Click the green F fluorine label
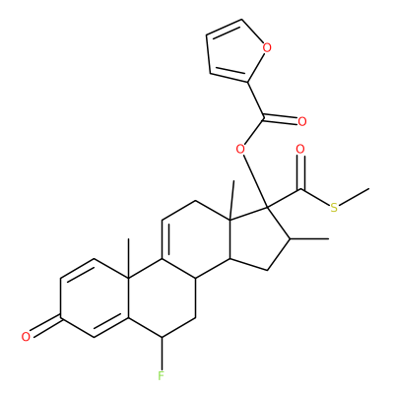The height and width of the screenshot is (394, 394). (x=161, y=375)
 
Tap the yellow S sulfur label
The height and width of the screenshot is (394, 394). (x=334, y=208)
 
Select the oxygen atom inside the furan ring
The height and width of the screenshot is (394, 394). (x=267, y=48)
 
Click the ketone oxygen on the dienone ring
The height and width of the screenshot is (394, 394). (x=26, y=337)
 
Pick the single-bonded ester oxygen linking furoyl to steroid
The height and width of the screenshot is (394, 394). (x=240, y=150)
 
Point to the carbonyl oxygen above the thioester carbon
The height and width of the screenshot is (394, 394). (x=300, y=150)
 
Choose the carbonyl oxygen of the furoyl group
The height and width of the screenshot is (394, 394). (x=302, y=121)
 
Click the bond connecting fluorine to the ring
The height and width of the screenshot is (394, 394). (x=162, y=354)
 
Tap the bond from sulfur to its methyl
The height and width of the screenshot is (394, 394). (x=354, y=197)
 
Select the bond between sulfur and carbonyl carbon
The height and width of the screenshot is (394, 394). (x=315, y=198)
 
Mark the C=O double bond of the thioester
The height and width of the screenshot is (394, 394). (x=300, y=171)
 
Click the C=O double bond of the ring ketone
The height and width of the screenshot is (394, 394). (x=45, y=326)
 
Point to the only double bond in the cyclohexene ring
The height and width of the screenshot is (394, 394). (x=165, y=238)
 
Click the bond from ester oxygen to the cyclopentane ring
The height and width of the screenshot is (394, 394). (x=255, y=181)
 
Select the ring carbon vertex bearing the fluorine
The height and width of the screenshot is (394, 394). (x=162, y=337)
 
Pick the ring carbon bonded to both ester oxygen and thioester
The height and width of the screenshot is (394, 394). (x=267, y=208)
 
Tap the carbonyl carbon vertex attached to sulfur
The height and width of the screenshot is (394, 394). (x=300, y=189)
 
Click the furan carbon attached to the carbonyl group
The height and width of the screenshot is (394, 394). (x=248, y=81)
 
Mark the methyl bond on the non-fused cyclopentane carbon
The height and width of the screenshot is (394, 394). (x=308, y=239)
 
